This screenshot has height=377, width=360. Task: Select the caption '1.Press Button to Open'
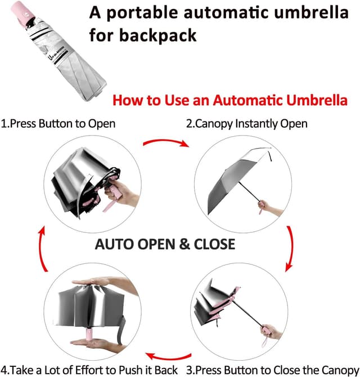(x=58, y=123)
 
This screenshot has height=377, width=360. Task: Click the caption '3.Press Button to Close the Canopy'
(x=272, y=370)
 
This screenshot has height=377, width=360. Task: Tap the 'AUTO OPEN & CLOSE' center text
(x=165, y=244)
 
